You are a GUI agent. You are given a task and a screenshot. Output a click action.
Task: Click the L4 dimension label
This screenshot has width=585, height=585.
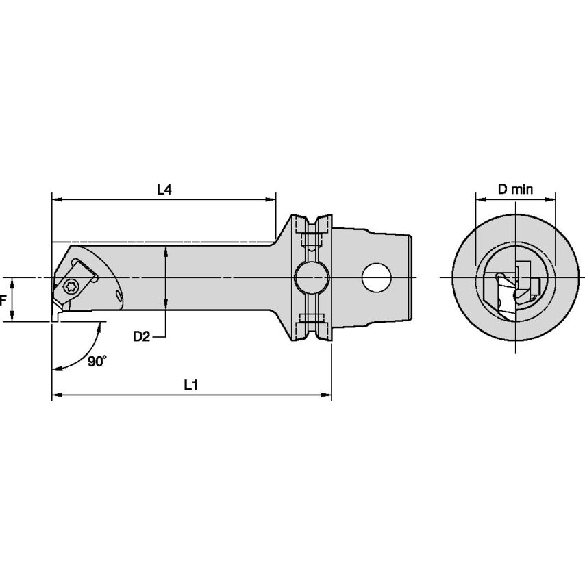[x=164, y=190]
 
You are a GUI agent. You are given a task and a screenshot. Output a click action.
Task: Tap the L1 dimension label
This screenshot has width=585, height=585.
[x=191, y=386]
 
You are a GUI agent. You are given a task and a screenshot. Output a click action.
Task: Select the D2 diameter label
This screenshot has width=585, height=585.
[x=142, y=336]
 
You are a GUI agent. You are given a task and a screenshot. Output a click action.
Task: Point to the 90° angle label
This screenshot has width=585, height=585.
[x=97, y=361]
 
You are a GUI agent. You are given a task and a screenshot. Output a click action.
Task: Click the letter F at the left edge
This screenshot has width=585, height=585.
[x=3, y=299]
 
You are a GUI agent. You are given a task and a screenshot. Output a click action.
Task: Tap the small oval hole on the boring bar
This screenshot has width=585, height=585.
[x=120, y=297]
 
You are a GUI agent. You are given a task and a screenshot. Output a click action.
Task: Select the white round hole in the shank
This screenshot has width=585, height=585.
[x=376, y=277]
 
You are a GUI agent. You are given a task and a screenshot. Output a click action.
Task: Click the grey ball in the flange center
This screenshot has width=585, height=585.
[x=310, y=277]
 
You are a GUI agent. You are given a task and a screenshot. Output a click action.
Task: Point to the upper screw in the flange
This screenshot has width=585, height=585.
[x=311, y=240]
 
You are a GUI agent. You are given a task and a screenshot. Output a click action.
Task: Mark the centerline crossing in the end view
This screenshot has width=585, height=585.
[x=515, y=277]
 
